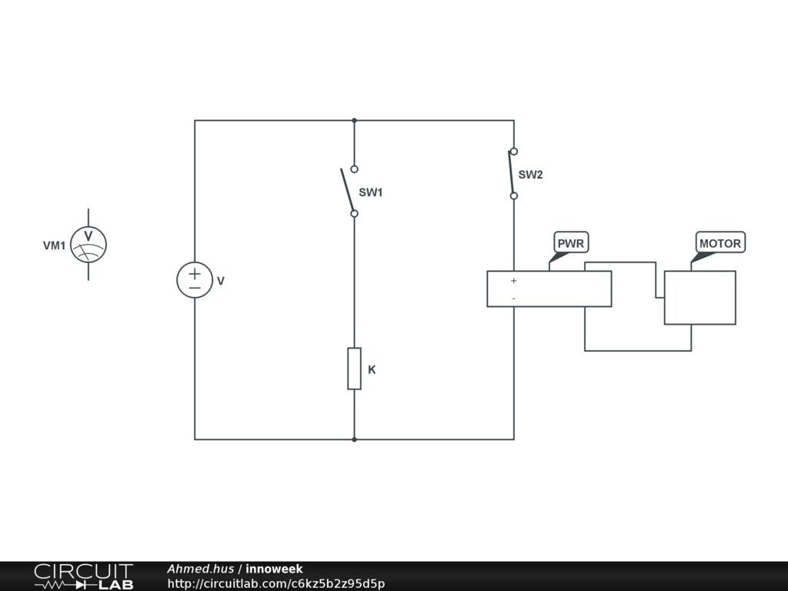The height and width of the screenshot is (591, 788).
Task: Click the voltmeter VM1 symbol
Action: pyautogui.click(x=88, y=245)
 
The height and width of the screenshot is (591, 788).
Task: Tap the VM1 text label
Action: pyautogui.click(x=54, y=246)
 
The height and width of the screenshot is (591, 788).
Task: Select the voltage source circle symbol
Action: pyautogui.click(x=195, y=280)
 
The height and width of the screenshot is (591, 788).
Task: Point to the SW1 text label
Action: pyautogui.click(x=370, y=193)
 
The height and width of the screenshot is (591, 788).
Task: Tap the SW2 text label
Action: pyautogui.click(x=530, y=175)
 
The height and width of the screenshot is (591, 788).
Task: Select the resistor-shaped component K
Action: pyautogui.click(x=354, y=369)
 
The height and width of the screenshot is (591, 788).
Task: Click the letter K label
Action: pyautogui.click(x=372, y=369)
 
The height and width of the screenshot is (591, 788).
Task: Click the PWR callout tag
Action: pyautogui.click(x=570, y=243)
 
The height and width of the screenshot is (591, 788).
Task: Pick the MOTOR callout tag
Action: pyautogui.click(x=720, y=243)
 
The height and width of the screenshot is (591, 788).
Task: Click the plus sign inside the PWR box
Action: pyautogui.click(x=513, y=281)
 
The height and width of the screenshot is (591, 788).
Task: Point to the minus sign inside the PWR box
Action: pyautogui.click(x=513, y=299)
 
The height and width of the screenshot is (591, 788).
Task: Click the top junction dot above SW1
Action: pyautogui.click(x=354, y=120)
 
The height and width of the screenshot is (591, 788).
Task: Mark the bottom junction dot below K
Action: pyautogui.click(x=354, y=439)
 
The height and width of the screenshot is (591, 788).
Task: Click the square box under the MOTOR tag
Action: pyautogui.click(x=700, y=297)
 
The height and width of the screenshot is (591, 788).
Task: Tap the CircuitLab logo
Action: pyautogui.click(x=83, y=576)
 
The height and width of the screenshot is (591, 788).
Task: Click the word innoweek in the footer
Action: pyautogui.click(x=274, y=569)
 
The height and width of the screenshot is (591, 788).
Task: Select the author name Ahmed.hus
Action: pyautogui.click(x=200, y=569)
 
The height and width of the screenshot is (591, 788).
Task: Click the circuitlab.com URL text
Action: pyautogui.click(x=275, y=583)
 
